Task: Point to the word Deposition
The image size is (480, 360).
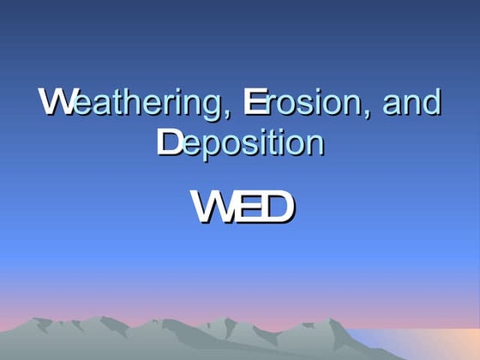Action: (x=240, y=142)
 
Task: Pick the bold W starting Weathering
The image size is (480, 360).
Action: (x=53, y=103)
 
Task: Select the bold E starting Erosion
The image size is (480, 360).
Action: (x=250, y=103)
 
